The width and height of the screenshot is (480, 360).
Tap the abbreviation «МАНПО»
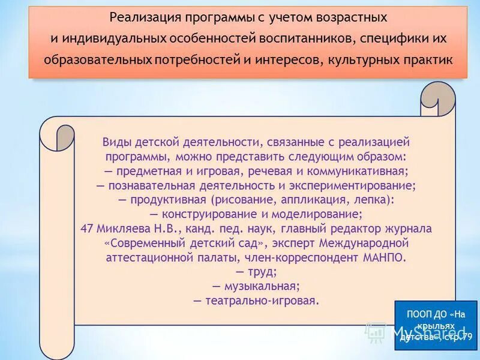(x=385, y=257)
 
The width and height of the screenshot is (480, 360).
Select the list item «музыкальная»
(x=262, y=286)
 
